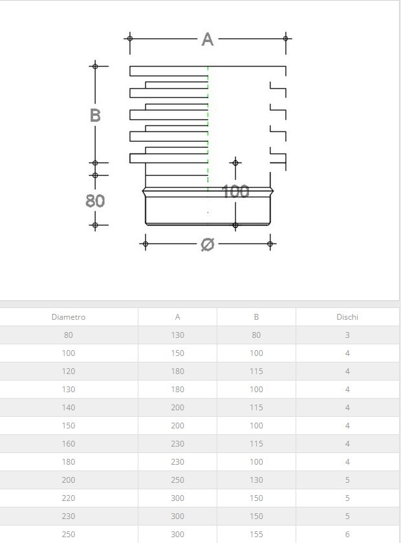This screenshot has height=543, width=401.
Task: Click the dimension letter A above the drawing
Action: [x=207, y=39]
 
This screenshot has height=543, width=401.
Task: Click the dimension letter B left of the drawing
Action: [x=95, y=116]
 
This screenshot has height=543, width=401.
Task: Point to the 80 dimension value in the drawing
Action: [x=95, y=201]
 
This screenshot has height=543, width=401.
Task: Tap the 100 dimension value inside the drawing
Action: [x=235, y=192]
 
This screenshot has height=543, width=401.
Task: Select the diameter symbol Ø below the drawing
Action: [x=207, y=245]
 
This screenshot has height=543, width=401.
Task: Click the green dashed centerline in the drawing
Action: [x=208, y=129]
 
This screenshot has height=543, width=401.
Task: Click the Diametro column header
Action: [x=69, y=317]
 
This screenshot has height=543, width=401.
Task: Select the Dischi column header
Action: [x=347, y=317]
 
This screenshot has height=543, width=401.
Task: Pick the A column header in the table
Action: [x=178, y=317]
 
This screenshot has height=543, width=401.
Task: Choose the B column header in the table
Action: [x=256, y=317]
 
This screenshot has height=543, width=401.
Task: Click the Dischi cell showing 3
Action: [x=347, y=335]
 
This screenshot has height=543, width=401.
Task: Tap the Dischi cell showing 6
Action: [x=347, y=535]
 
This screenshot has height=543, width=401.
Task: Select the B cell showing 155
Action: [x=256, y=535]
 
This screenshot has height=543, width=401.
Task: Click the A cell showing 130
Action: [x=178, y=335]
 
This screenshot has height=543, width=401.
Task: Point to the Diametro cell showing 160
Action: [x=69, y=444]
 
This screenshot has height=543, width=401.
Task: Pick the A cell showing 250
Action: [x=178, y=480]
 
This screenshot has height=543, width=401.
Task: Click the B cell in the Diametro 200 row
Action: [x=256, y=480]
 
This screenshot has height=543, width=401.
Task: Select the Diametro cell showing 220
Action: [x=69, y=498]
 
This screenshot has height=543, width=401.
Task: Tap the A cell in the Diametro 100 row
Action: [x=178, y=353]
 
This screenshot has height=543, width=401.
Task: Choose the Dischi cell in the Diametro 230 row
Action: [x=347, y=516]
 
